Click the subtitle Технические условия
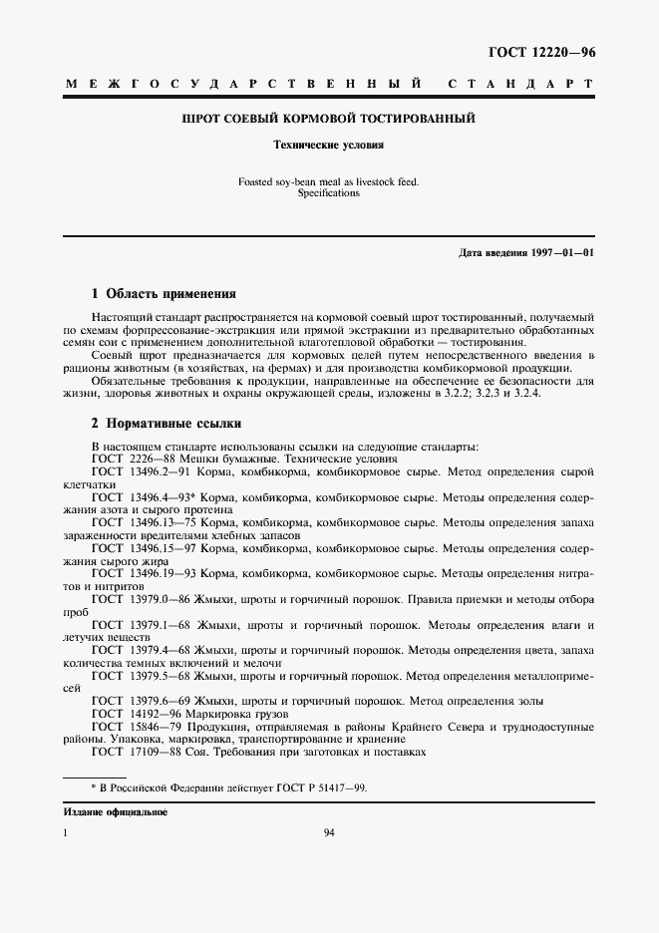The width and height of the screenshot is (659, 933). tap(329, 144)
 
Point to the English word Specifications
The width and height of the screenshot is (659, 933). tap(329, 193)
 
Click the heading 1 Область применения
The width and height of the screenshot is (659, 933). tap(164, 294)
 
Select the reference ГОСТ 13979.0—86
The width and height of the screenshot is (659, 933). tap(141, 599)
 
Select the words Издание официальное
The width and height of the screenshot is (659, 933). tap(116, 812)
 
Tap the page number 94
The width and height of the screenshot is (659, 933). tap(329, 833)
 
